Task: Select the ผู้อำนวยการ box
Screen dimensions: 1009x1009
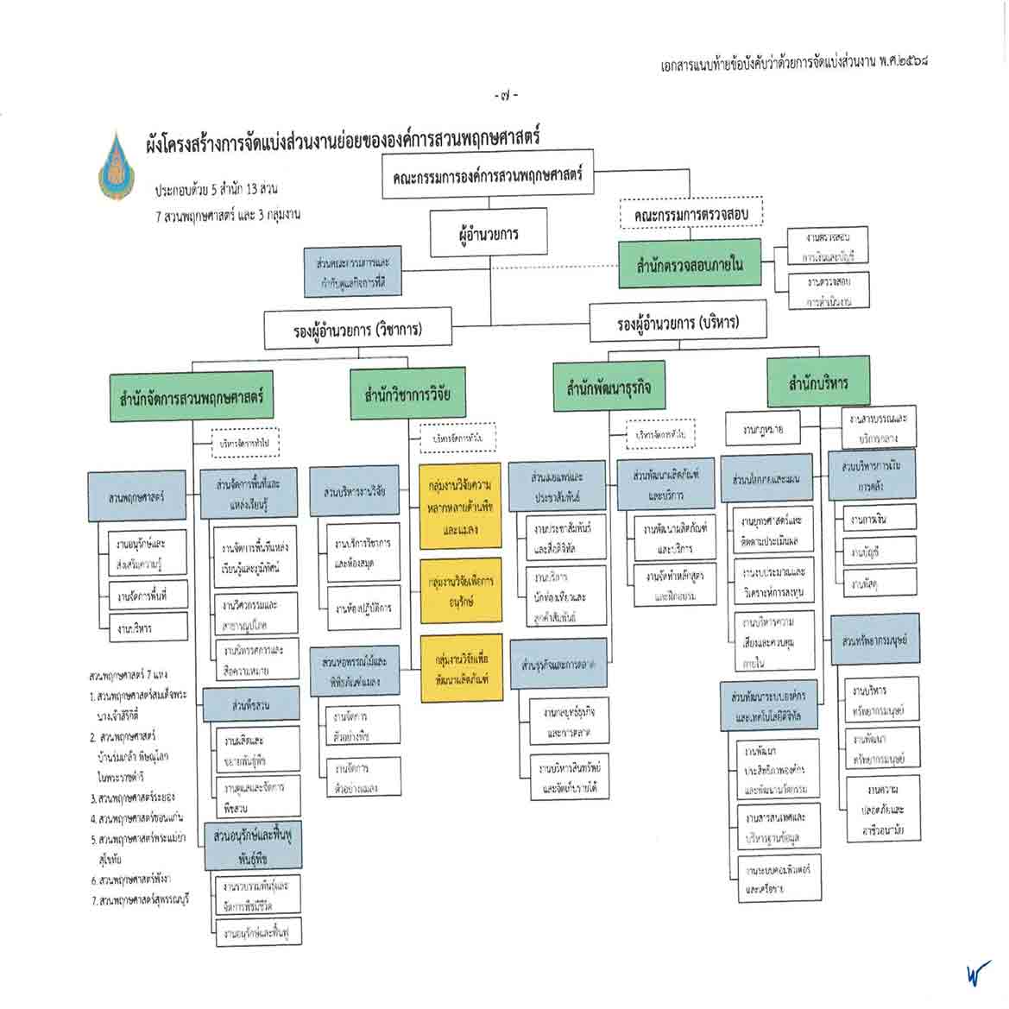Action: click(x=489, y=234)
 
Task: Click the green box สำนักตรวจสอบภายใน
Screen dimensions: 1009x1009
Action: click(x=690, y=263)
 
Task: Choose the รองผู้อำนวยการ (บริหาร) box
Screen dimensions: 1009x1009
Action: click(x=678, y=323)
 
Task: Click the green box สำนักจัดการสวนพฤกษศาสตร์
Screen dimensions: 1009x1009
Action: click(x=192, y=398)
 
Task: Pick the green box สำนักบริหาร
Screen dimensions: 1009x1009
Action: click(x=818, y=382)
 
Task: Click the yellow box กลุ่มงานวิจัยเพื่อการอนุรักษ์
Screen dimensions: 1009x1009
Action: click(x=461, y=590)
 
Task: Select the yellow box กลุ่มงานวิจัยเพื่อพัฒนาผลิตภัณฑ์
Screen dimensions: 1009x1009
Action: click(x=461, y=669)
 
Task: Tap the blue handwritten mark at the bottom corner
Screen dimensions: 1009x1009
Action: click(x=977, y=973)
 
